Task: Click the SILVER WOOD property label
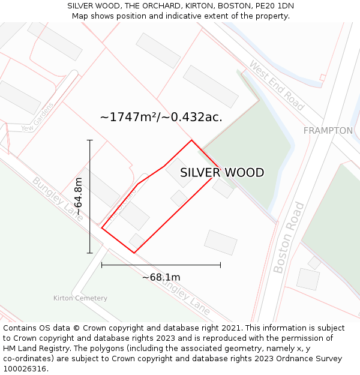coord(222,173)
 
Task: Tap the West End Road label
coord(277,85)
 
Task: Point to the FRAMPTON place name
coord(328,131)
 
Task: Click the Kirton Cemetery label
coord(80,298)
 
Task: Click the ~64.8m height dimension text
coord(78,196)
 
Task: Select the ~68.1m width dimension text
coord(161,277)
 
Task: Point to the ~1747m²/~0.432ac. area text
coord(161,117)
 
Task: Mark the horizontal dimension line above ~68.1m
coord(161,265)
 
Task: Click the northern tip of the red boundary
coord(191,140)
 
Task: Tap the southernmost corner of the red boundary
coord(134,253)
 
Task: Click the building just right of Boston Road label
coord(308,279)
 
